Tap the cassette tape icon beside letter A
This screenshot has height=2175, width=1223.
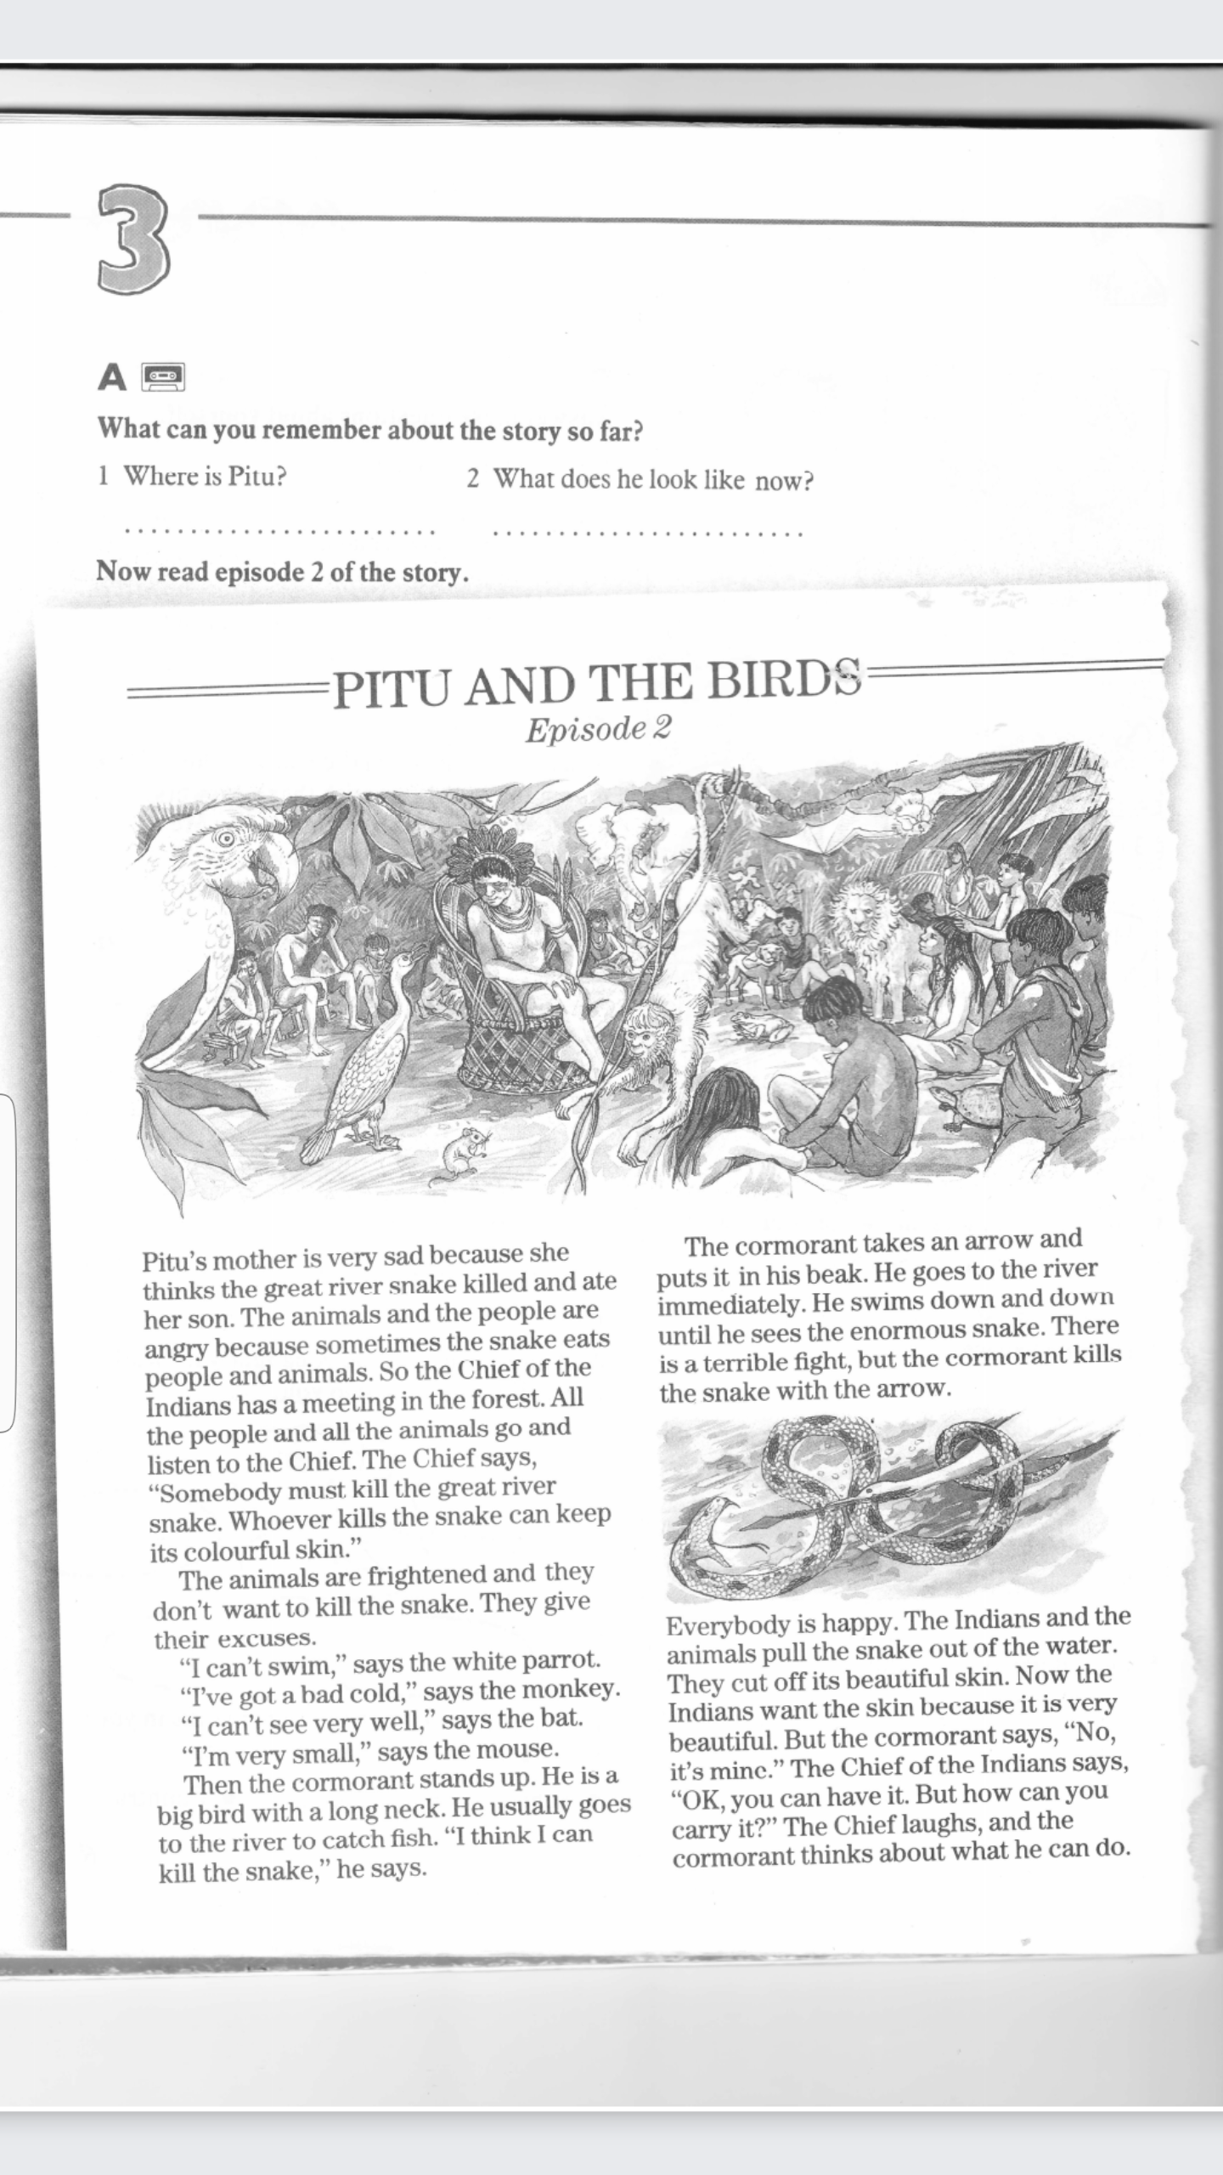click(164, 376)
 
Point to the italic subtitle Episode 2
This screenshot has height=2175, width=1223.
click(598, 728)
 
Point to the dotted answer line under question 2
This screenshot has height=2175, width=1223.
click(647, 534)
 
